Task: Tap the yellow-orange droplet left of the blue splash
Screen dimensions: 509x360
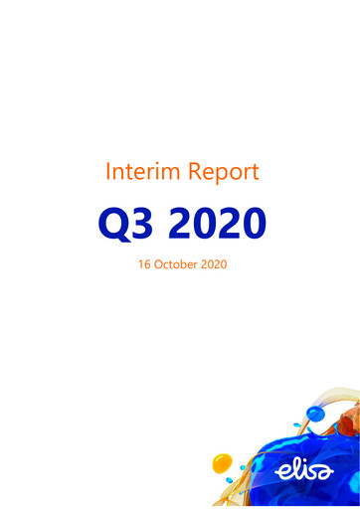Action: (223, 462)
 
